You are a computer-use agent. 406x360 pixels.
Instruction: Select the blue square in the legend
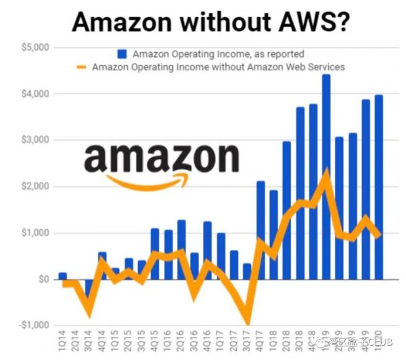pos(122,53)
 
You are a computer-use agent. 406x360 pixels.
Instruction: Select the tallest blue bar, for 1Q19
pos(326,176)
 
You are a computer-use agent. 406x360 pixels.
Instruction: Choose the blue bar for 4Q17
pos(261,230)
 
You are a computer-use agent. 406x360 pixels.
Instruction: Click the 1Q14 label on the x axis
pos(63,342)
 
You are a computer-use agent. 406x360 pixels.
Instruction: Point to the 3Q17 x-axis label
pos(247,342)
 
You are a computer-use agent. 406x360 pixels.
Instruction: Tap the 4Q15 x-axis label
pos(155,342)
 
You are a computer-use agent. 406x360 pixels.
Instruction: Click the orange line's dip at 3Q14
pos(89,313)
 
